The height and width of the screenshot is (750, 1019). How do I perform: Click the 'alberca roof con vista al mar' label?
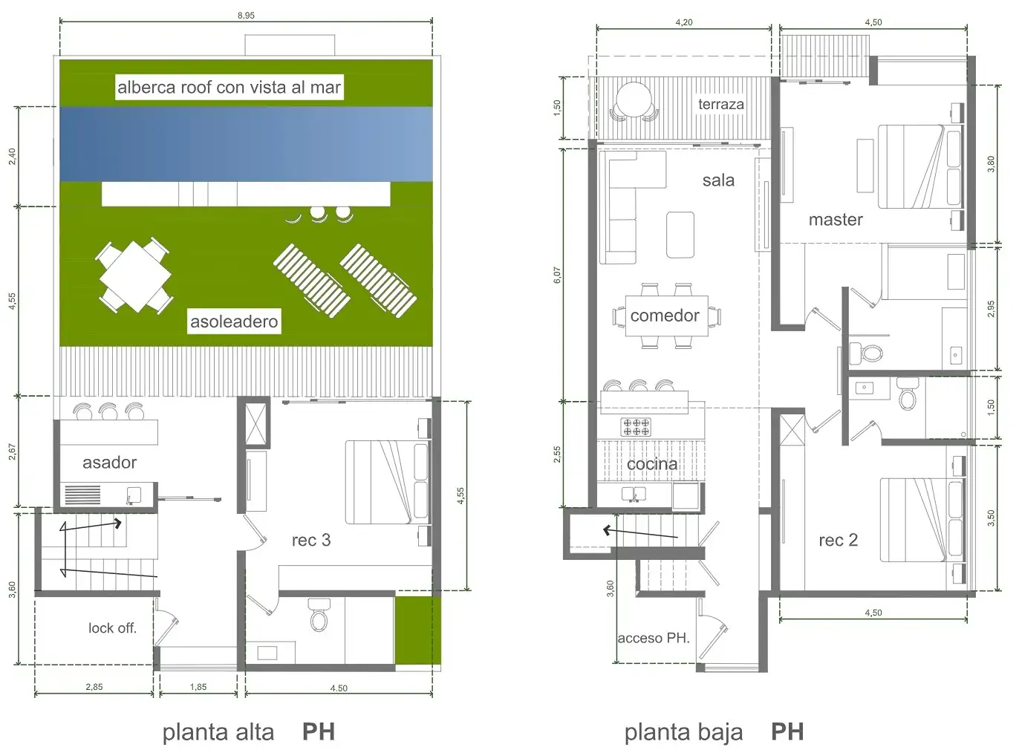pyautogui.click(x=229, y=88)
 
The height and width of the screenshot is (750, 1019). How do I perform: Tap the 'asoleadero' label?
pyautogui.click(x=234, y=322)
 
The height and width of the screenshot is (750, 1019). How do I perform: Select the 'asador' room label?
pyautogui.click(x=110, y=463)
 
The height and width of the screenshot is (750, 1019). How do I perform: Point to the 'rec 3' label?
pyautogui.click(x=311, y=541)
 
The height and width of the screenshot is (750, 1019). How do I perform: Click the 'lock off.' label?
pyautogui.click(x=112, y=628)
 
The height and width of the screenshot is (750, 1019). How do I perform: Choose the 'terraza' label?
pyautogui.click(x=721, y=104)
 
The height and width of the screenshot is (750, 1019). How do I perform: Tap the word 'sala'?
pyautogui.click(x=718, y=180)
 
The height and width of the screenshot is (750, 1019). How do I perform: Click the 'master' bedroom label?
pyautogui.click(x=836, y=220)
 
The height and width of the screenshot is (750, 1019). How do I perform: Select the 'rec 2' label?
pyautogui.click(x=839, y=541)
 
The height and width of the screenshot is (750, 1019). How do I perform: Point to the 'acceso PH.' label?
pyautogui.click(x=654, y=638)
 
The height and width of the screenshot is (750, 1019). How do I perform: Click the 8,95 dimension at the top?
pyautogui.click(x=246, y=16)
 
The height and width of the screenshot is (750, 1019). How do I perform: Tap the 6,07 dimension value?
pyautogui.click(x=557, y=275)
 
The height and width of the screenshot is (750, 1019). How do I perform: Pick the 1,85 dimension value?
pyautogui.click(x=198, y=687)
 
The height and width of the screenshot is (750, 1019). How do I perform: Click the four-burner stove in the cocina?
pyautogui.click(x=636, y=427)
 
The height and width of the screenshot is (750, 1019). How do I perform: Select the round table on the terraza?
pyautogui.click(x=634, y=100)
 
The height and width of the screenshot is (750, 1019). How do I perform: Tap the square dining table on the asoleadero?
pyautogui.click(x=135, y=276)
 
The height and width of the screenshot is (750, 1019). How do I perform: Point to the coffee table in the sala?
pyautogui.click(x=680, y=235)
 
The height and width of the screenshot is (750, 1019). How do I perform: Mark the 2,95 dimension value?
pyautogui.click(x=992, y=309)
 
